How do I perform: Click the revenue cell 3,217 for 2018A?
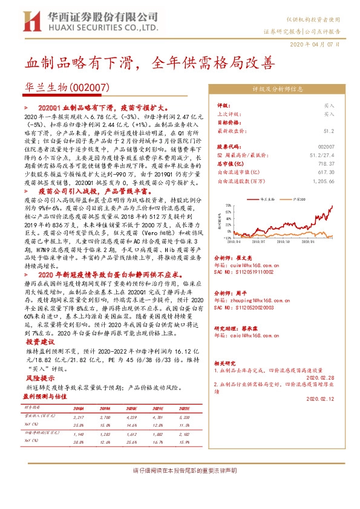point(79,417)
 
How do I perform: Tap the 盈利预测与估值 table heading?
point(46,397)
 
